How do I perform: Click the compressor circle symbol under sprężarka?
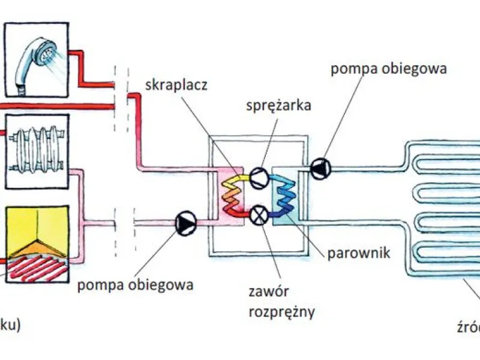[259, 175]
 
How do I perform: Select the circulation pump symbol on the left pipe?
[184, 223]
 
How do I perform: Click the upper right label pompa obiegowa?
[389, 68]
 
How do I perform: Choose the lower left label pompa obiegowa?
[135, 284]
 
